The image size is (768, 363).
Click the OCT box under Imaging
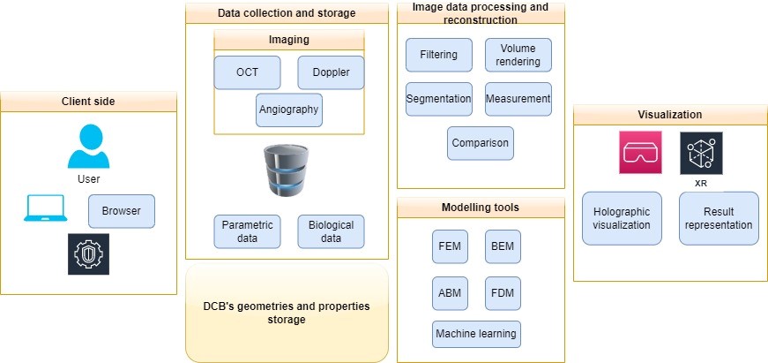tap(248, 72)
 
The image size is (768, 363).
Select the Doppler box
tap(331, 72)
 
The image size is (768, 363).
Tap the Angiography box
tap(288, 110)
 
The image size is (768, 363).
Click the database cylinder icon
tap(287, 173)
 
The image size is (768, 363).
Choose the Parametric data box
tap(248, 231)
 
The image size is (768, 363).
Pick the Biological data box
tap(331, 231)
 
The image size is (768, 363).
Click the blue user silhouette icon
tap(88, 147)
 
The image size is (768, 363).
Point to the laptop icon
tap(46, 210)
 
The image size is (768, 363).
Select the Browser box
tap(122, 211)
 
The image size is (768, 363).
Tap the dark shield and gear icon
tap(88, 254)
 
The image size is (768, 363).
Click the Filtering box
tap(439, 55)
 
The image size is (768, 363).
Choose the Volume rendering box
tap(518, 55)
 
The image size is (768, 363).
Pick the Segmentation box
tap(439, 99)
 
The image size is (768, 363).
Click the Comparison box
tap(480, 143)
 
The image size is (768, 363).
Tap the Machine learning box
tap(477, 335)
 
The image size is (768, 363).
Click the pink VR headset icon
tap(640, 153)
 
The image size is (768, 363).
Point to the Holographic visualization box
tap(622, 218)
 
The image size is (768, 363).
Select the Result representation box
tap(719, 218)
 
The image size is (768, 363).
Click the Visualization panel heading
tap(670, 115)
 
